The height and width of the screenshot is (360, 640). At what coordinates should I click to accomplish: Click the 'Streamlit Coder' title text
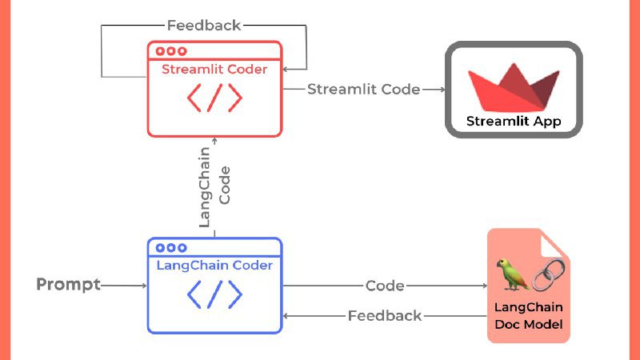pyautogui.click(x=214, y=70)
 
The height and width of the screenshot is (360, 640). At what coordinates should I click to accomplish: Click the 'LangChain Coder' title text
pyautogui.click(x=214, y=266)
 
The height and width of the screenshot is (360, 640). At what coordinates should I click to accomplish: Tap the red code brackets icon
pyautogui.click(x=214, y=98)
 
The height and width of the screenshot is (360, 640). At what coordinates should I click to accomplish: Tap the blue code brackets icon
pyautogui.click(x=214, y=294)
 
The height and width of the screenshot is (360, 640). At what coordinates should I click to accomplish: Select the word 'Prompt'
pyautogui.click(x=69, y=285)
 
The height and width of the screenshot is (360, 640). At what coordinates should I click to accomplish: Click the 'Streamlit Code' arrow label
pyautogui.click(x=364, y=90)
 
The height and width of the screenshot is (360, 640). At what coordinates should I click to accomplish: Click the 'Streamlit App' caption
pyautogui.click(x=514, y=122)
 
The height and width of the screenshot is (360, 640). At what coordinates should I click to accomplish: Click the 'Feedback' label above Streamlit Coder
pyautogui.click(x=204, y=26)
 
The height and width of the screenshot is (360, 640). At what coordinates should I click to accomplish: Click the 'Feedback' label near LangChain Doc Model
pyautogui.click(x=385, y=316)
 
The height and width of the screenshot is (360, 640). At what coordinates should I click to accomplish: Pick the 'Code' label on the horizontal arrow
pyautogui.click(x=385, y=286)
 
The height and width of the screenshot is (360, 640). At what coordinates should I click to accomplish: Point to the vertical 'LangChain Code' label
pyautogui.click(x=214, y=186)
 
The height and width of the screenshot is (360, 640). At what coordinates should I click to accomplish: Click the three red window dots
pyautogui.click(x=171, y=51)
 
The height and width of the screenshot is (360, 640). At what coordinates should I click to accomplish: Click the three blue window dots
pyautogui.click(x=171, y=248)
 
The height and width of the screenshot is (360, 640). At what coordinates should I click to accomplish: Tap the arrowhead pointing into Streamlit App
pyautogui.click(x=442, y=90)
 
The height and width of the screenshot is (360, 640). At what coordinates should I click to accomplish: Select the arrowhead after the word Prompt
pyautogui.click(x=143, y=285)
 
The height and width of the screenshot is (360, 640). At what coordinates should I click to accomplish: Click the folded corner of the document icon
pyautogui.click(x=557, y=242)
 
